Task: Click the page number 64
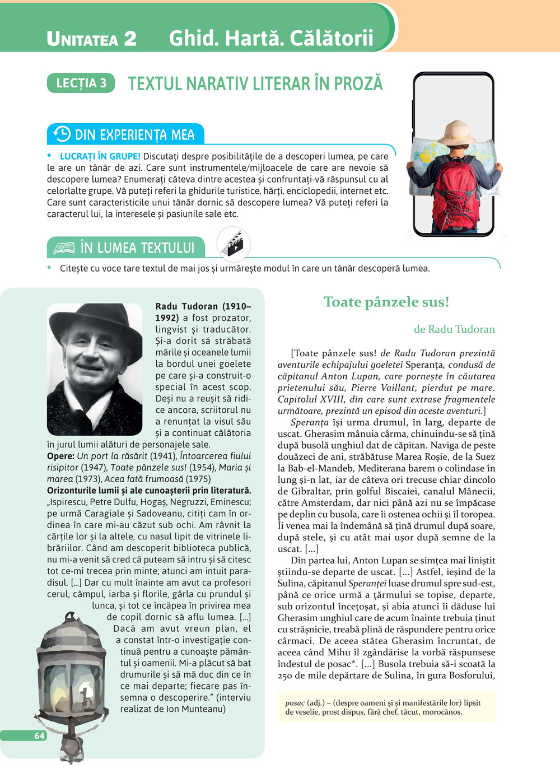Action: coord(39,735)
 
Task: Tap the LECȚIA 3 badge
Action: coord(81,83)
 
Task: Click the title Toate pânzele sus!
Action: coord(386,302)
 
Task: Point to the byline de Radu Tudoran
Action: coord(454,329)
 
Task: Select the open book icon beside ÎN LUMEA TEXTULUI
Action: coord(64,248)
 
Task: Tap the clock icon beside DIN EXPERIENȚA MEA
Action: coord(62,134)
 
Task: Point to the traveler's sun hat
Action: coord(456,134)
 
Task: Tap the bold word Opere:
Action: coord(60,456)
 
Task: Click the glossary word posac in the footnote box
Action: coord(295,703)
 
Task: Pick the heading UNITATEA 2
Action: coord(92,38)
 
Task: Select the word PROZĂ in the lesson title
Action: coord(358,84)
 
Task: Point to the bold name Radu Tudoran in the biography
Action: coord(186,306)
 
